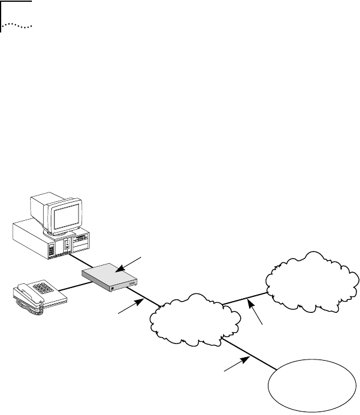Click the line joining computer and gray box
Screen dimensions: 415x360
pyautogui.click(x=78, y=262)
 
